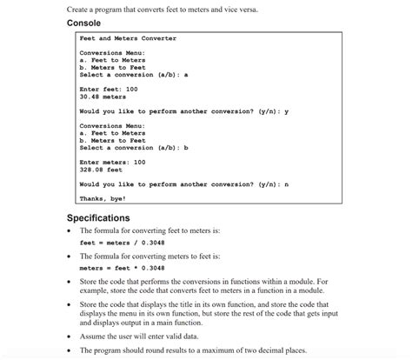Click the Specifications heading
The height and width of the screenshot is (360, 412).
tap(98, 217)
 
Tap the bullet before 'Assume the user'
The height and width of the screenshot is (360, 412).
tap(70, 335)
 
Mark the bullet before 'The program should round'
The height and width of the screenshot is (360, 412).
tap(70, 350)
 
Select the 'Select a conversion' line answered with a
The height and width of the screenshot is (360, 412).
tap(134, 75)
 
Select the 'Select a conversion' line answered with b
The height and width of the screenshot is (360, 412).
tap(134, 148)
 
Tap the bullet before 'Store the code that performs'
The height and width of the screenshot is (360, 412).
tap(70, 282)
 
